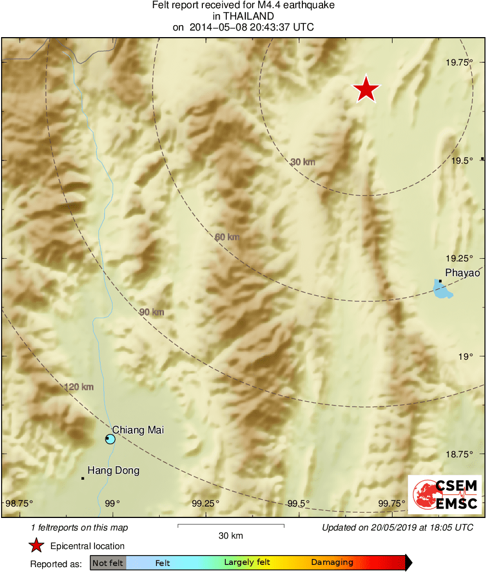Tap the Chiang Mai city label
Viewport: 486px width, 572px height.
138,430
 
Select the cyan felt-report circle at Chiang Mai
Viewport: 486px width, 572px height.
110,439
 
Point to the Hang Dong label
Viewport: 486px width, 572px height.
113,470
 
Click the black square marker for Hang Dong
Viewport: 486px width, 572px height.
83,479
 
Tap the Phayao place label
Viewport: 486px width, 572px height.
462,273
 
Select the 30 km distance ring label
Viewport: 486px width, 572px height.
302,162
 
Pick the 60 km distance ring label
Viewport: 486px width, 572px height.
227,237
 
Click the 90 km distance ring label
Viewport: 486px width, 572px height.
151,312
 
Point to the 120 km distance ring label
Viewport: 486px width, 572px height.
79,387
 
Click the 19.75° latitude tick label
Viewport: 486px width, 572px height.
459,63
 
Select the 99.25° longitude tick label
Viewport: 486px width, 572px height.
207,503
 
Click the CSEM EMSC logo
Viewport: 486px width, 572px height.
445,494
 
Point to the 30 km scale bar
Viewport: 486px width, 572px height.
231,526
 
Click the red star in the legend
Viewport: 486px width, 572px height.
37,545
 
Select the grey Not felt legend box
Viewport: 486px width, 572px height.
108,562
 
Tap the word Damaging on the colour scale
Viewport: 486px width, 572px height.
332,562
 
